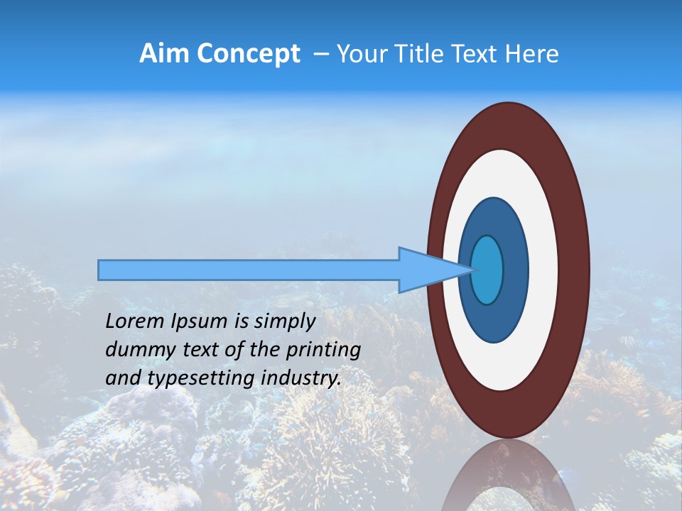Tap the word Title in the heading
click(416, 54)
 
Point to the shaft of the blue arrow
click(249, 270)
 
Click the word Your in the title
click(359, 54)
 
